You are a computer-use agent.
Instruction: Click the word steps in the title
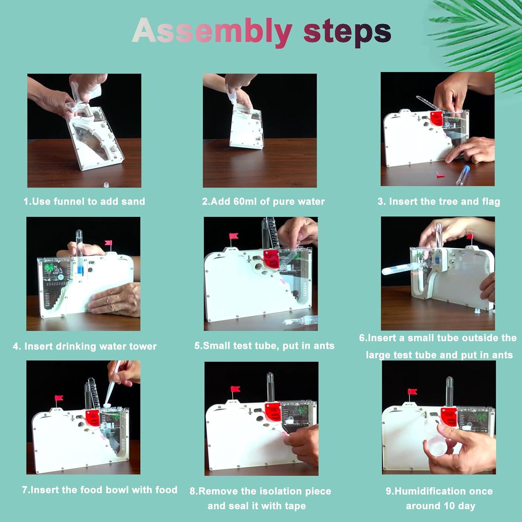tap(347, 31)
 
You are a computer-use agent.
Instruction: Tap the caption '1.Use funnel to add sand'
tap(84, 201)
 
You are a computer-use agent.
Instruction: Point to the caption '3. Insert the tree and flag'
tap(439, 201)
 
